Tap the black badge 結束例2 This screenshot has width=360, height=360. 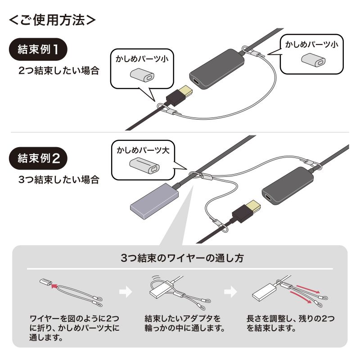coord(38,158)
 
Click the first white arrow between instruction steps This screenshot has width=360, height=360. coord(126,292)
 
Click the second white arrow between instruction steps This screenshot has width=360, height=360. coord(231,292)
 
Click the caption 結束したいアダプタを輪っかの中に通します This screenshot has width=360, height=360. coord(184,323)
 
